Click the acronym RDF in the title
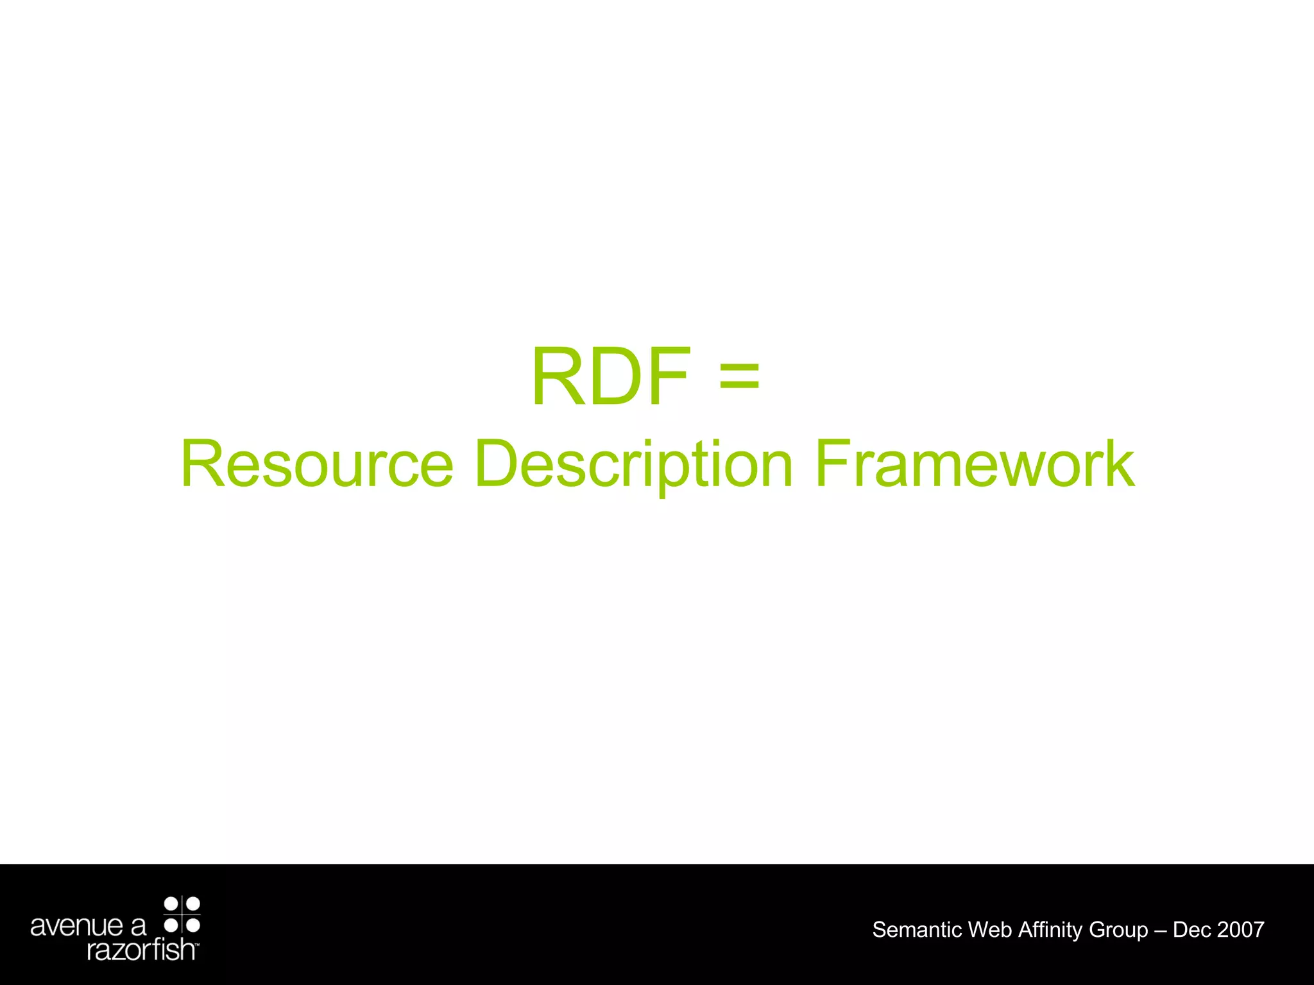pyautogui.click(x=611, y=377)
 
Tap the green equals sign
pyautogui.click(x=739, y=377)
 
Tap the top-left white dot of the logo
pyautogui.click(x=171, y=904)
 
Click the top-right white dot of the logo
pyautogui.click(x=193, y=904)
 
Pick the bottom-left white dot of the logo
pyautogui.click(x=171, y=925)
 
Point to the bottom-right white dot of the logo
pyautogui.click(x=193, y=925)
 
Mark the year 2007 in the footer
pyautogui.click(x=1240, y=930)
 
